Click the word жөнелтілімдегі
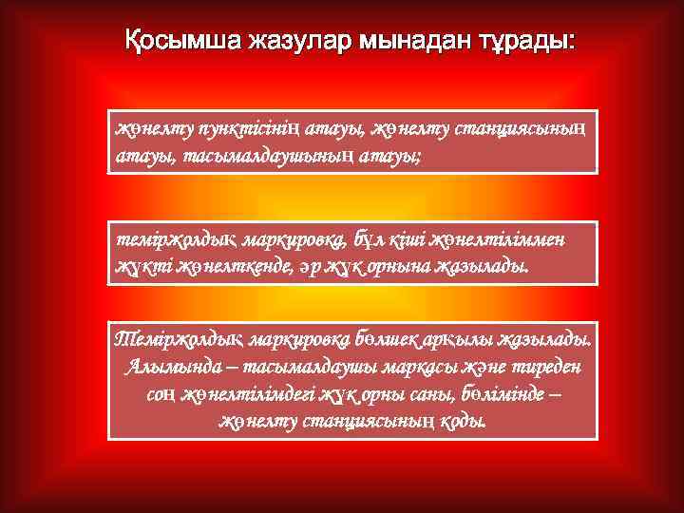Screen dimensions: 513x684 click(x=242, y=393)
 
